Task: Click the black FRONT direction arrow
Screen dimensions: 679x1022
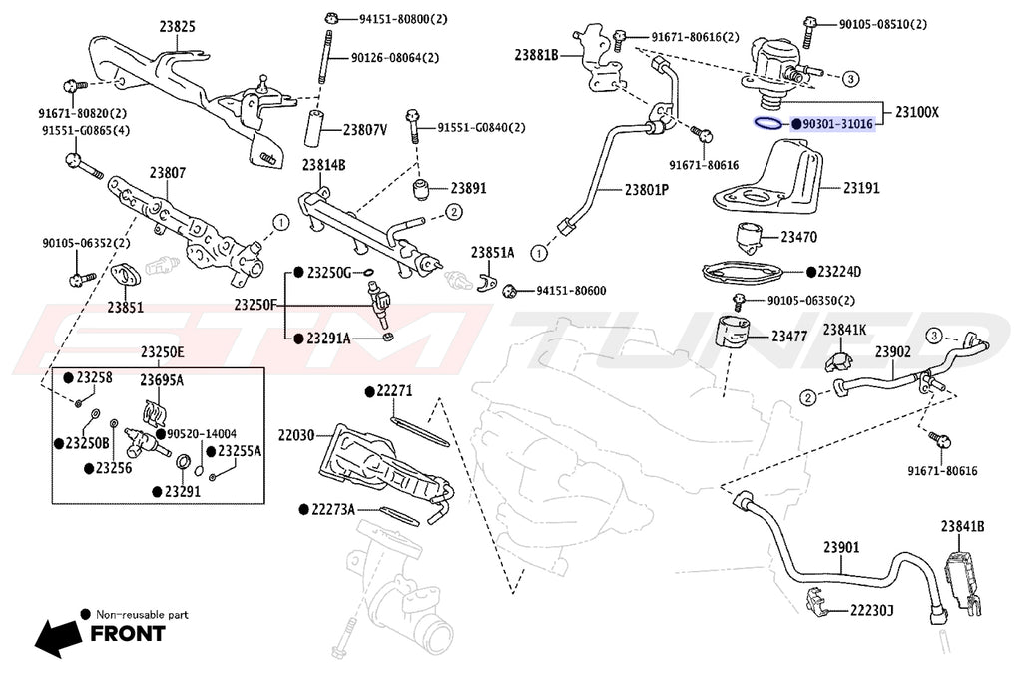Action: click(x=58, y=633)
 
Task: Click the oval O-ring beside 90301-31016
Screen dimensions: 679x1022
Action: click(x=767, y=125)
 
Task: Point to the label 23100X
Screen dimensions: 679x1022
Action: click(x=916, y=112)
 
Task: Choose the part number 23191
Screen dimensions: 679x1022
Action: click(x=863, y=187)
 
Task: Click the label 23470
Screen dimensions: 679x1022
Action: click(x=799, y=238)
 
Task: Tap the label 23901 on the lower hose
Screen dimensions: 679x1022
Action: click(x=841, y=547)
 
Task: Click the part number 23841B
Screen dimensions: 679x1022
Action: click(x=962, y=526)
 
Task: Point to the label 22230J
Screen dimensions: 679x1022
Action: click(x=871, y=609)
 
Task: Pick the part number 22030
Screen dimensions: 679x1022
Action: click(x=296, y=435)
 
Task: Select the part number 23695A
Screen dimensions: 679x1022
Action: click(x=161, y=380)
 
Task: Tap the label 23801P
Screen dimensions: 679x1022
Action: click(x=647, y=189)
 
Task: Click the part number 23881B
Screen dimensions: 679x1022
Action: click(x=536, y=54)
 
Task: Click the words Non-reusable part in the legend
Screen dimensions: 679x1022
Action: click(x=141, y=614)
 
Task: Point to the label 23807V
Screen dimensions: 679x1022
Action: click(x=365, y=130)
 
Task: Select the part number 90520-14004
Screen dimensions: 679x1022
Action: click(x=202, y=434)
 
